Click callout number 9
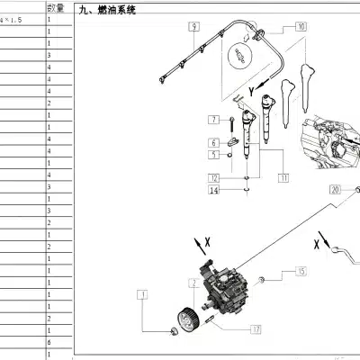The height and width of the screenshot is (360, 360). [193, 28]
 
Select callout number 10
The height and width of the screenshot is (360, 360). [300, 28]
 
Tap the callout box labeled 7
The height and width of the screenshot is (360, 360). [213, 120]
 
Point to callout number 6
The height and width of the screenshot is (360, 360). [213, 142]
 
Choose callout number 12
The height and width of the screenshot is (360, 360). [213, 155]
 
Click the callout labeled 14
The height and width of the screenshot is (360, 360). [214, 190]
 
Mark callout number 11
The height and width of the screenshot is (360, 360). [283, 178]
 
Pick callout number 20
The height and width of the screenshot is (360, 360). [335, 190]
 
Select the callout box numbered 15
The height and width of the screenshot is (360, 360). [301, 270]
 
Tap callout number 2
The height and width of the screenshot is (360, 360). [192, 283]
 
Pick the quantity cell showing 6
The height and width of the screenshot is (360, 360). [49, 344]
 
